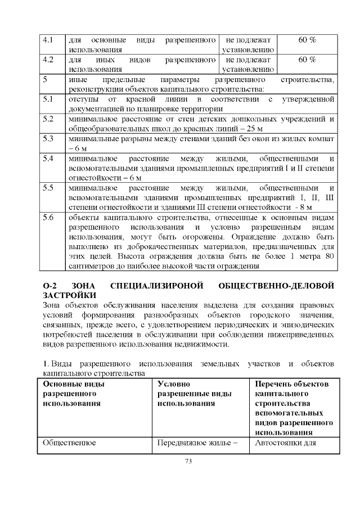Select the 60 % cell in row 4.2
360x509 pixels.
click(307, 60)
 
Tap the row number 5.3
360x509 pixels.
click(48, 138)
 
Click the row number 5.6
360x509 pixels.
click(48, 217)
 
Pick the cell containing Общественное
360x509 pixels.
click(69, 442)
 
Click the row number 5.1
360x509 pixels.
click(48, 100)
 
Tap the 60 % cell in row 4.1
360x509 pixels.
click(307, 40)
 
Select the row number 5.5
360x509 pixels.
click(48, 187)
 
